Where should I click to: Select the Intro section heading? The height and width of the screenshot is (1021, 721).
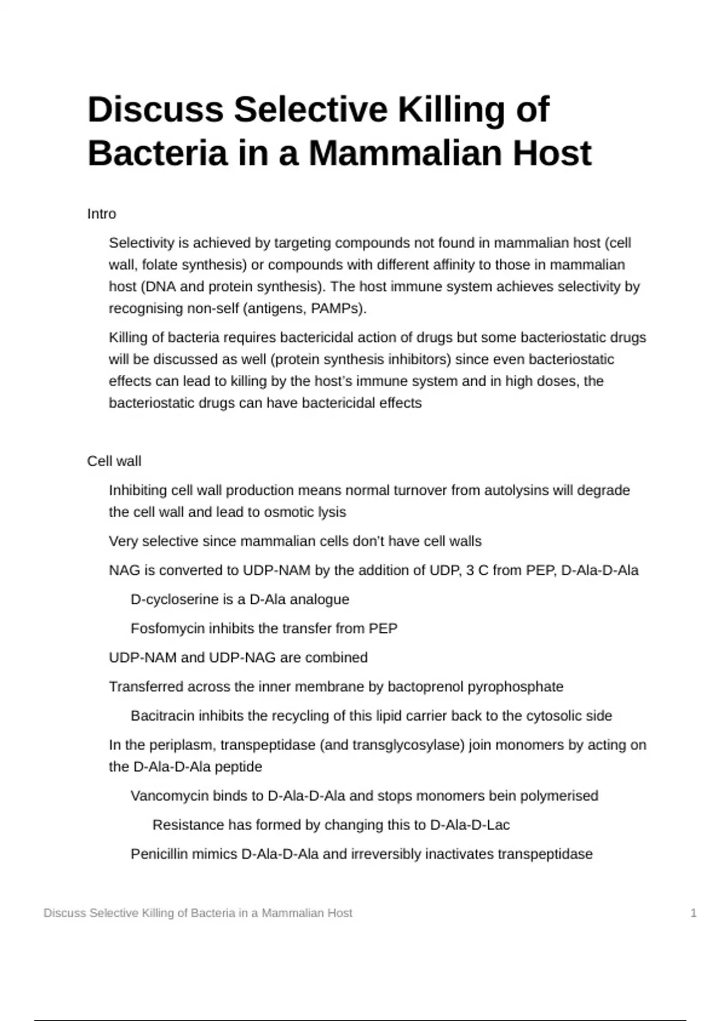click(x=102, y=214)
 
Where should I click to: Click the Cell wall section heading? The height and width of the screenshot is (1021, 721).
click(x=114, y=461)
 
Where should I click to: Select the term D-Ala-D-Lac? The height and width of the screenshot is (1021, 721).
click(x=470, y=825)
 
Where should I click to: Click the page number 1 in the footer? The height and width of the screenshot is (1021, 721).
click(x=693, y=913)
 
